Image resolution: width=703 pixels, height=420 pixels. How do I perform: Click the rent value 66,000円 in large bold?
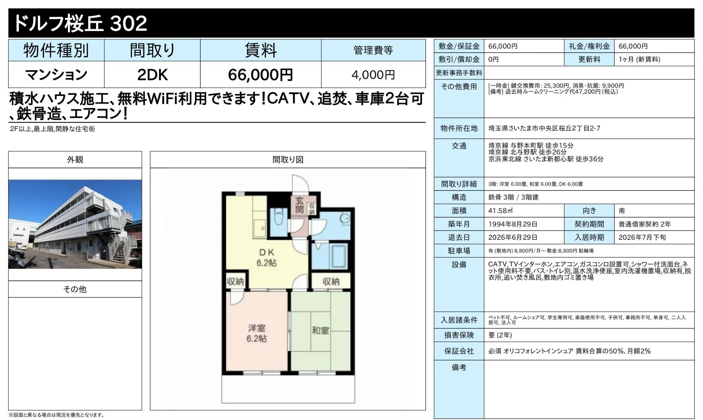point(261,75)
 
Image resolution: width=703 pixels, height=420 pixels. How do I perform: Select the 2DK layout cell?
point(152,75)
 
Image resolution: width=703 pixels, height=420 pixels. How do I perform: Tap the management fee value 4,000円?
point(373,75)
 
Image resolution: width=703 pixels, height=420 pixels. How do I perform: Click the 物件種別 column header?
point(56,51)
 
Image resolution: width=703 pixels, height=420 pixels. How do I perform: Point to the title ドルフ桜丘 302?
point(80,23)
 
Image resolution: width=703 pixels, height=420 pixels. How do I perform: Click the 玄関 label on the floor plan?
point(299,205)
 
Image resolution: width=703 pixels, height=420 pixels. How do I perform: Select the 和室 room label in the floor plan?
point(320,330)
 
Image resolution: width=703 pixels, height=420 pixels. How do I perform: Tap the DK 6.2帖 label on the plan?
point(267,258)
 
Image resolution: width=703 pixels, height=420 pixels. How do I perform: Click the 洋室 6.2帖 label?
point(256,333)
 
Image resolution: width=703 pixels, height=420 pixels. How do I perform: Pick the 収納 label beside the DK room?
point(236,281)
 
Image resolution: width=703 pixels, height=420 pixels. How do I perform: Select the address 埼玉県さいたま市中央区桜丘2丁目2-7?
point(544,128)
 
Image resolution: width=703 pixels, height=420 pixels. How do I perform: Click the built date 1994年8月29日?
point(513,224)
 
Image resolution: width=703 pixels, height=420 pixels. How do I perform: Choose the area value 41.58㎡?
point(501,211)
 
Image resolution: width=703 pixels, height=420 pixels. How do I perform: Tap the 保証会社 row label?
point(459,351)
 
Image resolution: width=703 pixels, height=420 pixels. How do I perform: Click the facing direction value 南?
point(622,211)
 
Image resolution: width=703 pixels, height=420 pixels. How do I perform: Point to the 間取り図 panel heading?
point(288,160)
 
